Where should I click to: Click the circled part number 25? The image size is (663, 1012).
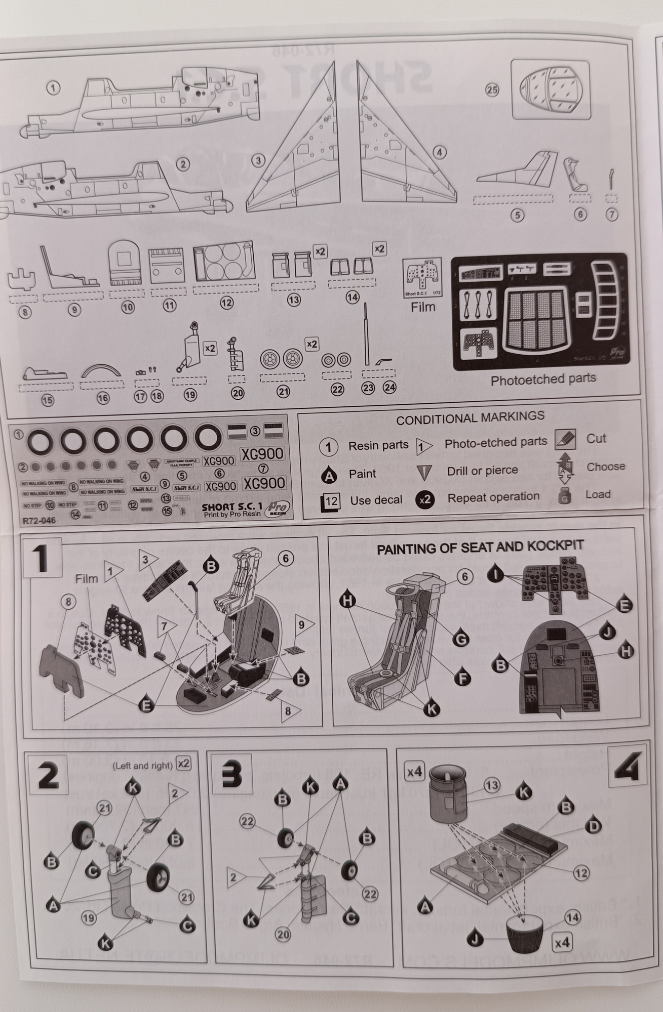[492, 90]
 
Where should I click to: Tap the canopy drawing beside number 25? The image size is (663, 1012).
[552, 90]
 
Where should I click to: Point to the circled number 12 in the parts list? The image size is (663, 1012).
[226, 303]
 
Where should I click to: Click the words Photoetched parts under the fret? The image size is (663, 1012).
[543, 379]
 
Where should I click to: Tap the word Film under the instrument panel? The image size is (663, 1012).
[422, 307]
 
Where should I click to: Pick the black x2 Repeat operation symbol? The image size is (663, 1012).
[425, 499]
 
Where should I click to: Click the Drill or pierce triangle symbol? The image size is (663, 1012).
[424, 473]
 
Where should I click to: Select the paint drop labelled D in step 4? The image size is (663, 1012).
[593, 827]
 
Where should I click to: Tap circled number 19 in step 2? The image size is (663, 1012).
[89, 917]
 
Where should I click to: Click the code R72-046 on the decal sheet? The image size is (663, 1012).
[39, 520]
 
